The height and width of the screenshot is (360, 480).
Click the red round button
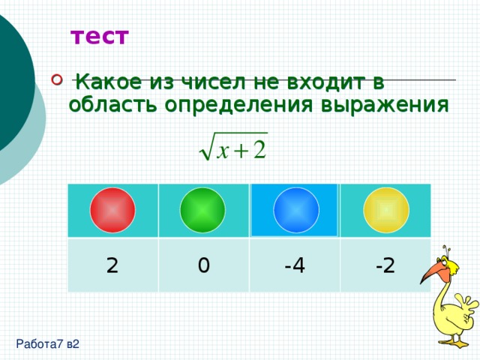(x=112, y=210)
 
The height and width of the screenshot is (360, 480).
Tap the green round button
(x=202, y=210)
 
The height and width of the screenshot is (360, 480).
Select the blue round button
(x=296, y=209)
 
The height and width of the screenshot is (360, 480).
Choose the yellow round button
(x=385, y=210)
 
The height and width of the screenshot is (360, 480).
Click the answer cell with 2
(x=112, y=265)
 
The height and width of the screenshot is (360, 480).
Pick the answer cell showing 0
(x=202, y=265)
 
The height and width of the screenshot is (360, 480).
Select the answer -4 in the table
(x=294, y=265)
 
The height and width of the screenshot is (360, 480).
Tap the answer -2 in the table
(x=385, y=265)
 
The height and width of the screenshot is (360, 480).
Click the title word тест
(x=100, y=36)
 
